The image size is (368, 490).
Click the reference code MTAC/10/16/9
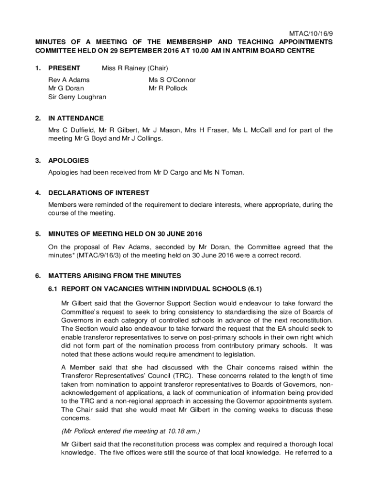311,33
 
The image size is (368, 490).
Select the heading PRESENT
64,68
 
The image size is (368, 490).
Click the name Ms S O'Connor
172,80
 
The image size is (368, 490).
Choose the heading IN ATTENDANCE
76,118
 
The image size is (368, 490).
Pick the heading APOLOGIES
68,160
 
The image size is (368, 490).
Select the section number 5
38,234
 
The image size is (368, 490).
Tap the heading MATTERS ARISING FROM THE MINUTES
115,276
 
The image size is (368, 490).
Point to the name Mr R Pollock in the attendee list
168,88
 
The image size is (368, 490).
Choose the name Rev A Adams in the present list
69,80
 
